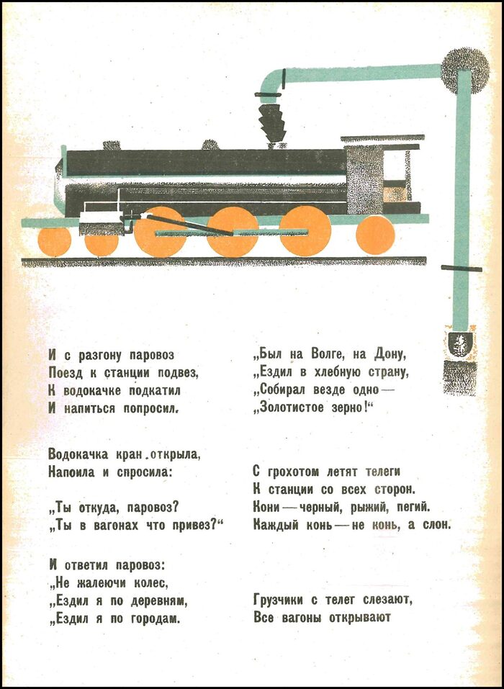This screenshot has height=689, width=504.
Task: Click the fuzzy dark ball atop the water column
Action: coord(464,71)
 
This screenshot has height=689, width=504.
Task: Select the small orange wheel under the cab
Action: coord(375,235)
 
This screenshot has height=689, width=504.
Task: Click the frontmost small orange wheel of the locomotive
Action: coord(55,242)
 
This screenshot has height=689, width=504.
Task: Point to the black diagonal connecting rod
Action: coord(189,225)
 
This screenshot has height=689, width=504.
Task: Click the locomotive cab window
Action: coord(394,165)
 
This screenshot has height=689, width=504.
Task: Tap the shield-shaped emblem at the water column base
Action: coord(460,344)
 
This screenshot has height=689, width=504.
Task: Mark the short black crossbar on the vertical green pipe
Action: coord(462,269)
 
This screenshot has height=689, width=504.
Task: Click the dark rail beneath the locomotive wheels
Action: coord(224,261)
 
